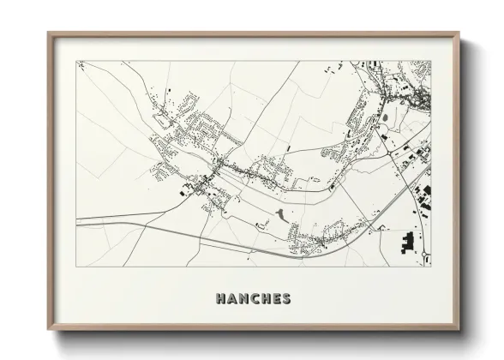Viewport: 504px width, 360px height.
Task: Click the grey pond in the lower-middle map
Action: click(280, 216)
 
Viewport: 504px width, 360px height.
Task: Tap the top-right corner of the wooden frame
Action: click(459, 33)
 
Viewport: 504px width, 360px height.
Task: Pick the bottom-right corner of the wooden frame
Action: click(459, 330)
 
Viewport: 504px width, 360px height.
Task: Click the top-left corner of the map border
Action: click(77, 61)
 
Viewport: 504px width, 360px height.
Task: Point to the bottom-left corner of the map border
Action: click(77, 267)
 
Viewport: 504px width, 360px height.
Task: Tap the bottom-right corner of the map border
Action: click(431, 267)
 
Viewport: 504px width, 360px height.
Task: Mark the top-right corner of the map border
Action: click(431, 61)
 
